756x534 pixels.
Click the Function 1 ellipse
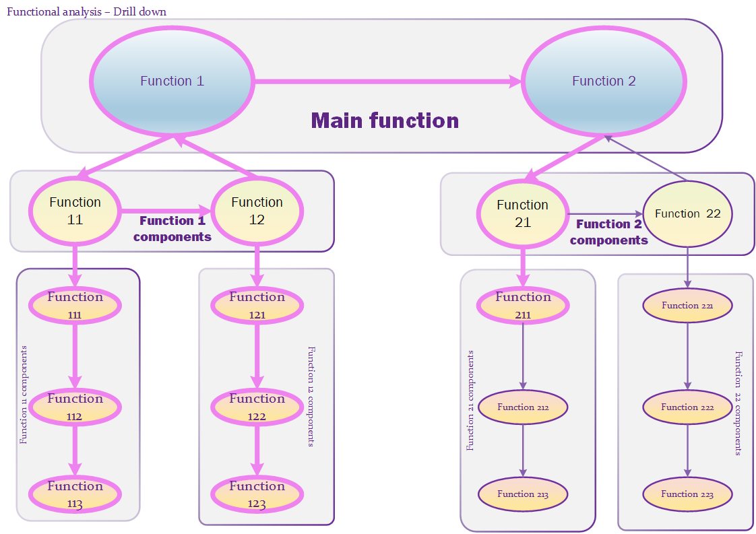pos(172,81)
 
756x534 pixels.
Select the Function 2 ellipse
pos(604,81)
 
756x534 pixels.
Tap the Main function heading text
pos(385,121)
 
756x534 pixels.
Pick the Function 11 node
pos(75,211)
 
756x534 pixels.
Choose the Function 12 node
pos(257,211)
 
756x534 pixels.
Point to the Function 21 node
pos(522,213)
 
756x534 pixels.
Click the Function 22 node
pos(687,214)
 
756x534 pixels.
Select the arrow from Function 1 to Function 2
pos(387,81)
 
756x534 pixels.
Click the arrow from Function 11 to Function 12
pos(165,211)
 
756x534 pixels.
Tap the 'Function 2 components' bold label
pos(608,232)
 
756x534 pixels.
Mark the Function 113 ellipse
pos(75,494)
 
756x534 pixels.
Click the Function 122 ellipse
pos(257,407)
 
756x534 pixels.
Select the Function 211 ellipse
pos(523,305)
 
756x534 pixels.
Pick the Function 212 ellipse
pos(523,407)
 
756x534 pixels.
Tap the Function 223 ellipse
pos(687,494)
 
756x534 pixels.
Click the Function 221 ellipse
pos(687,306)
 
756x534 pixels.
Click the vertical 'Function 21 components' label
pos(470,400)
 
